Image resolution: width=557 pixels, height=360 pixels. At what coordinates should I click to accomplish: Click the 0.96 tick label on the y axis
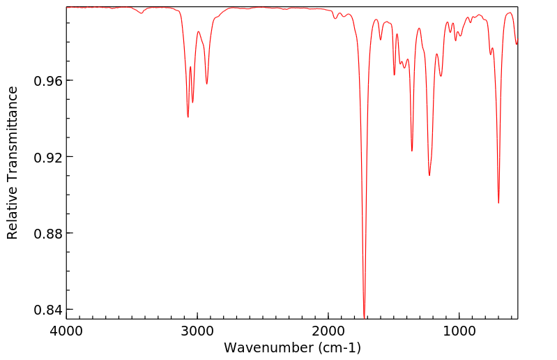pos(47,81)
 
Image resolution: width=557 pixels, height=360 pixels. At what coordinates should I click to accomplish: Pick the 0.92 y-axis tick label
pos(47,157)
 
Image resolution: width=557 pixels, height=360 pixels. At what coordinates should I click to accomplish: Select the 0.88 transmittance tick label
pos(47,233)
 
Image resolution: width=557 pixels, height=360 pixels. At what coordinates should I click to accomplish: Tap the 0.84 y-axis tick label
pos(47,309)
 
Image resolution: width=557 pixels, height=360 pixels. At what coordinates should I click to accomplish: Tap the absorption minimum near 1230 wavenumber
pos(429,175)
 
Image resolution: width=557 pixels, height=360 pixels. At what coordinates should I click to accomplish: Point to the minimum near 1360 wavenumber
pos(412,151)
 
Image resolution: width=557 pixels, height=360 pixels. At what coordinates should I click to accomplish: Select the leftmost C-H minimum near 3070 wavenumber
pos(188,117)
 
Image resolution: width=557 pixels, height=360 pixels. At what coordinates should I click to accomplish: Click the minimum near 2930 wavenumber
pos(206,84)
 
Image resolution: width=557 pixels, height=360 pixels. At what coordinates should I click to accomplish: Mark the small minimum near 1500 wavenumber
pos(395,75)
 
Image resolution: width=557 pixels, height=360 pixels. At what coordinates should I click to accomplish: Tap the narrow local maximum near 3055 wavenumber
pos(190,67)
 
